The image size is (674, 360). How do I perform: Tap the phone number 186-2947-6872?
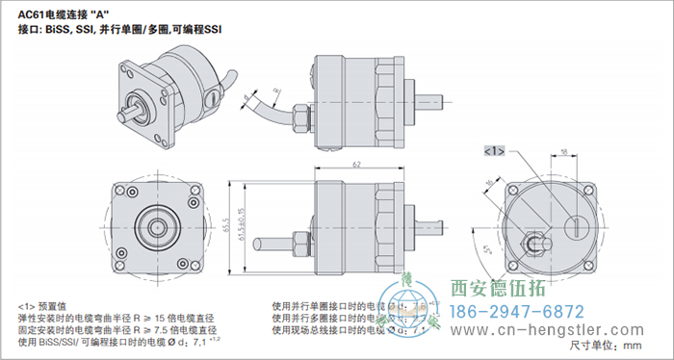(517, 312)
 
